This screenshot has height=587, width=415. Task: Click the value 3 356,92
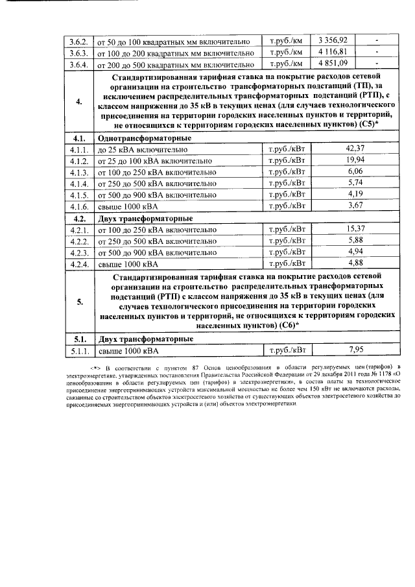pos(333,40)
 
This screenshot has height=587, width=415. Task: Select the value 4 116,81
pos(333,51)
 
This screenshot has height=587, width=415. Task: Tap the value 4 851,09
pos(333,63)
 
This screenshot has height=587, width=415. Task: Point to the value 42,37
pos(355,149)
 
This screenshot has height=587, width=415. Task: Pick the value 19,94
pos(355,160)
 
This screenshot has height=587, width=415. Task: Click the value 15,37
pos(355,228)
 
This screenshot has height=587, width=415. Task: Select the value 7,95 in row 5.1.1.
pos(355,350)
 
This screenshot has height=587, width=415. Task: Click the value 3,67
pos(355,206)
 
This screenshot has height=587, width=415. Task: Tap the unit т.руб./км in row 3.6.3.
pos(285,51)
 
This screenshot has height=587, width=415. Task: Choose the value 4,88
pos(355,263)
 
